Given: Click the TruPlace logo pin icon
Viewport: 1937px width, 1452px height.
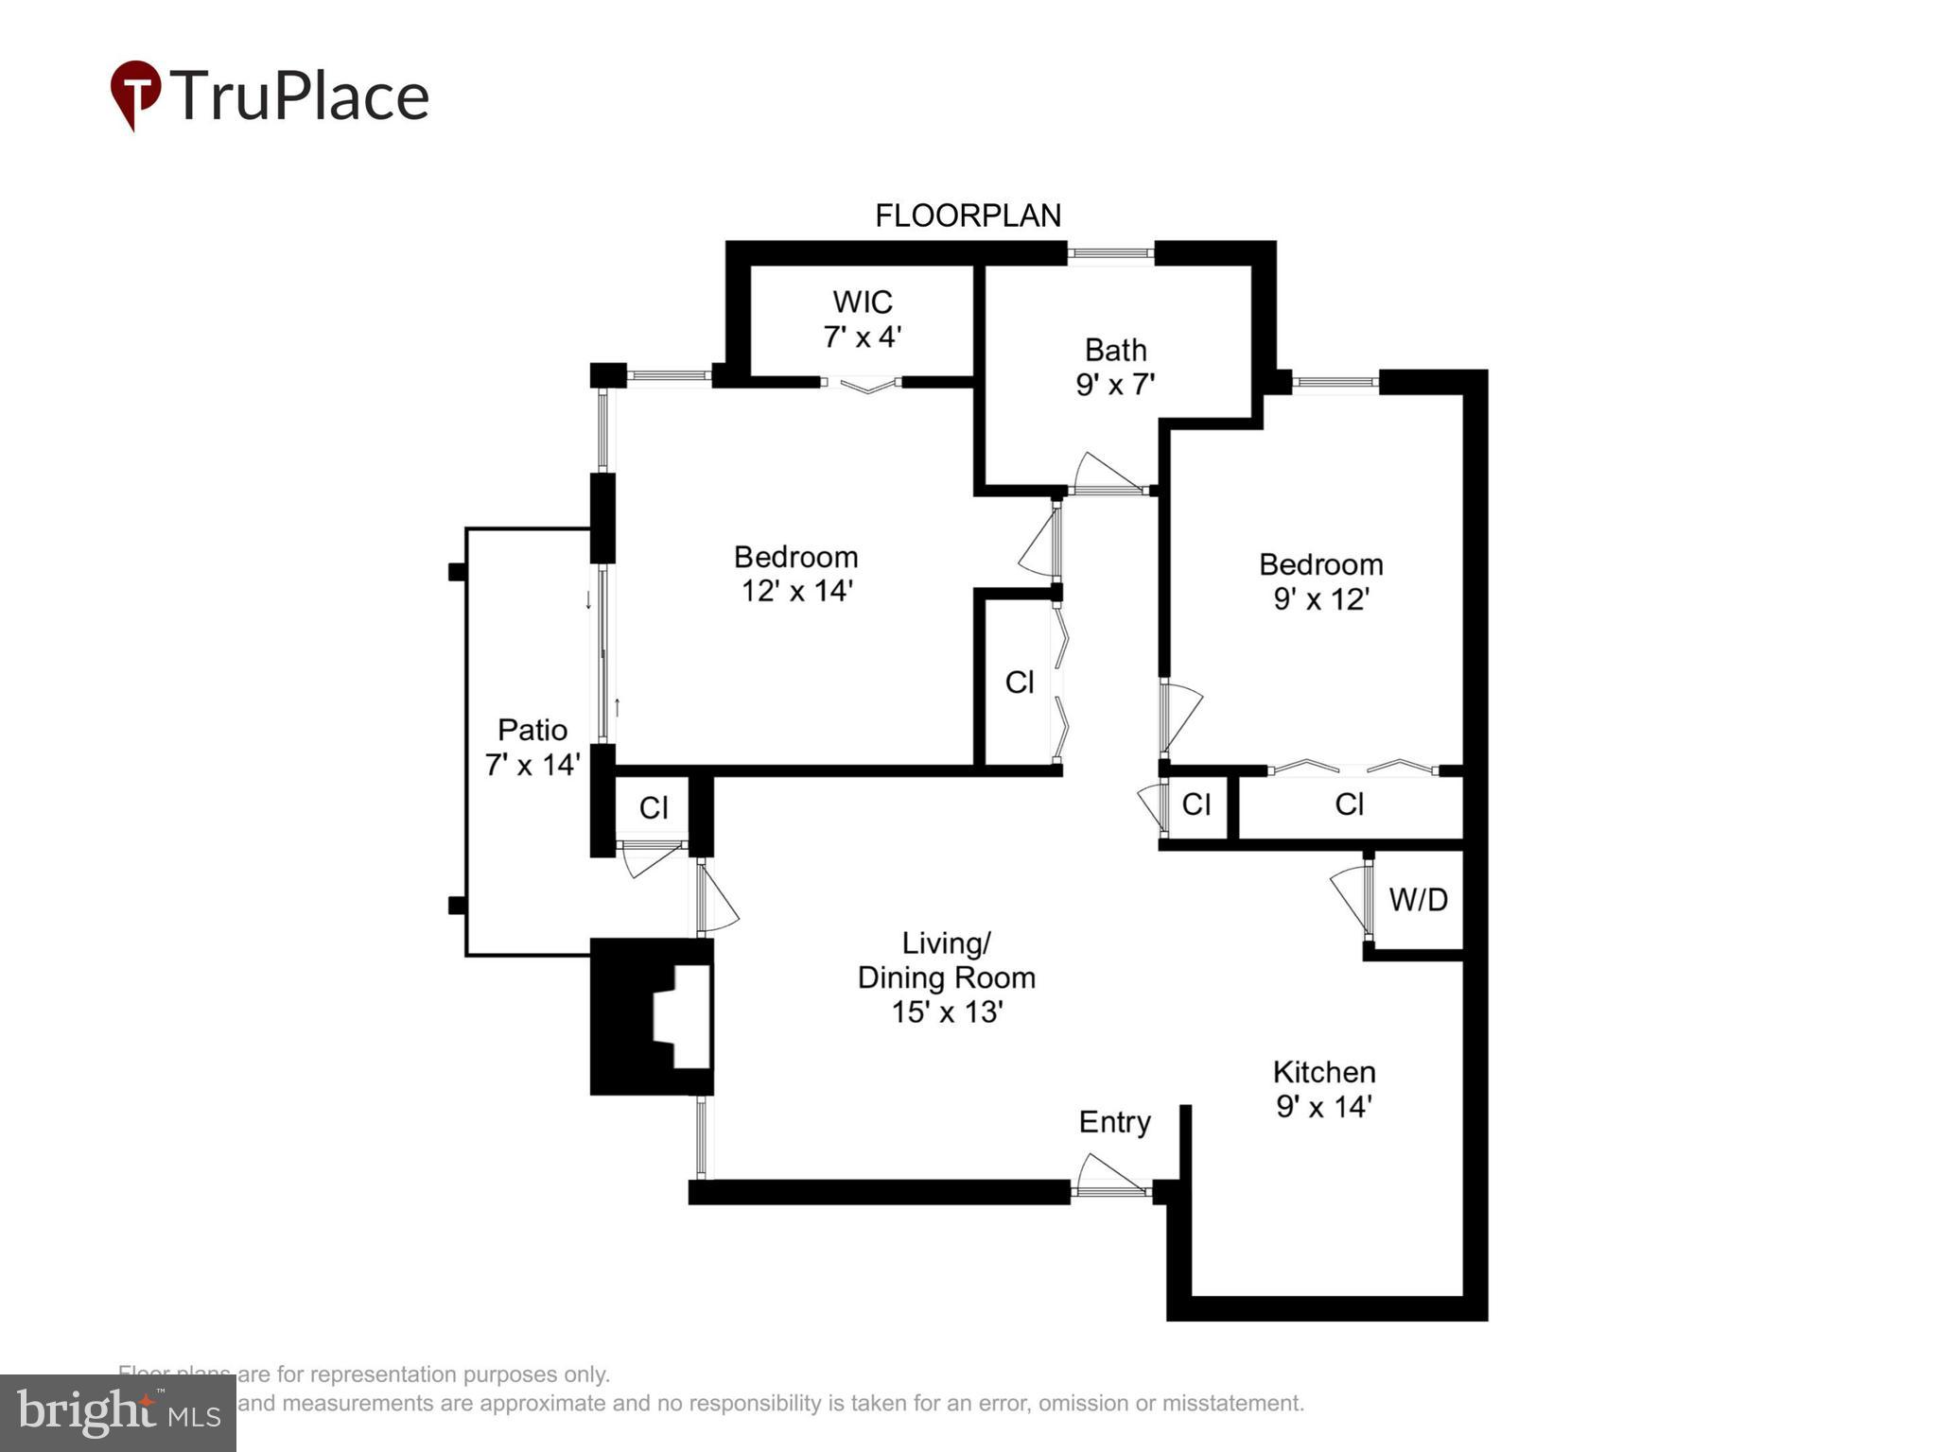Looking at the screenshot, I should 135,94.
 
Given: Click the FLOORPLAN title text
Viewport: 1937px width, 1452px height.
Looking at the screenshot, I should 968,216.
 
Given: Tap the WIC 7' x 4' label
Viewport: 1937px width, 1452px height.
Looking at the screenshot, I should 862,320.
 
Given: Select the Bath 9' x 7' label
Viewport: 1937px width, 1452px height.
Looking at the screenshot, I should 1115,367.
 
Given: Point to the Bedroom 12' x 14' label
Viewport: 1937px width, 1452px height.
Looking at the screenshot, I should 796,573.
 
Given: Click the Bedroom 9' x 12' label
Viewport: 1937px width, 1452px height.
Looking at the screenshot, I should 1320,581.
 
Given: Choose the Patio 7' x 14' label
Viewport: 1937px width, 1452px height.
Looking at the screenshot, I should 532,747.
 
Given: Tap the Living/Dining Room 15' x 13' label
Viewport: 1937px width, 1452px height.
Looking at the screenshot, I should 946,977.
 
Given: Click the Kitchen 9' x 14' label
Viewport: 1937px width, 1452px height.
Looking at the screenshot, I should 1323,1089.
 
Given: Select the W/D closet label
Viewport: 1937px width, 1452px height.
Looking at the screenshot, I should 1418,900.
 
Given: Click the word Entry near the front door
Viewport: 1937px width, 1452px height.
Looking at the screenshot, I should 1114,1122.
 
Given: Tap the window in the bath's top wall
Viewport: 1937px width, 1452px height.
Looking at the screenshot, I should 1110,252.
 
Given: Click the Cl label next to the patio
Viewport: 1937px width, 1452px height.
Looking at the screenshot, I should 654,808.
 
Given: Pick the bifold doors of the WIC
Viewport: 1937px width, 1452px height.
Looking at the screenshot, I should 862,385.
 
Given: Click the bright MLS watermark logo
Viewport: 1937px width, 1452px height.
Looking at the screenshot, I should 118,1413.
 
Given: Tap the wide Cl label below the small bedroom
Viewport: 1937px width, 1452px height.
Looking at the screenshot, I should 1349,804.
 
